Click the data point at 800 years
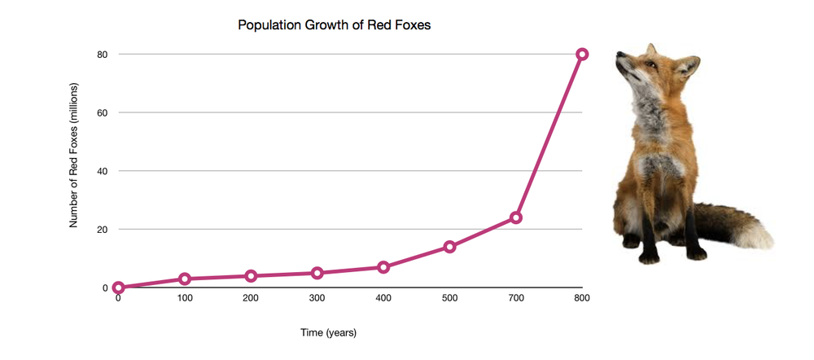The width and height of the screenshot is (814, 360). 582,54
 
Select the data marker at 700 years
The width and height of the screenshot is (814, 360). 515,217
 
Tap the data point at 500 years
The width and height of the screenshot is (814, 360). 449,247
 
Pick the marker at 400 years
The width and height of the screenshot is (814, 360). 383,267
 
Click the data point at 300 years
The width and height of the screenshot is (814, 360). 317,273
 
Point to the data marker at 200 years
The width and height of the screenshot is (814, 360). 251,276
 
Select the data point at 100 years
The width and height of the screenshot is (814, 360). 185,279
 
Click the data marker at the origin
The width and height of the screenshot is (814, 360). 119,288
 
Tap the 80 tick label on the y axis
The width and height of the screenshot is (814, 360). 103,55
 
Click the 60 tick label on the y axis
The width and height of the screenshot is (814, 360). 103,112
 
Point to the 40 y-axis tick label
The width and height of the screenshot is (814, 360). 103,171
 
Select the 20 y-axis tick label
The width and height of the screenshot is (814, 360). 103,230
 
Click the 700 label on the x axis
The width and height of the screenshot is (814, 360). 515,299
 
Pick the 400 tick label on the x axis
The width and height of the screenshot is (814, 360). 383,299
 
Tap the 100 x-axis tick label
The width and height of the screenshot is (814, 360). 185,299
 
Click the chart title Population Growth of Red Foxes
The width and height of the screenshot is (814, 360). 334,25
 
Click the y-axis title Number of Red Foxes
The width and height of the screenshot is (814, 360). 74,154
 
